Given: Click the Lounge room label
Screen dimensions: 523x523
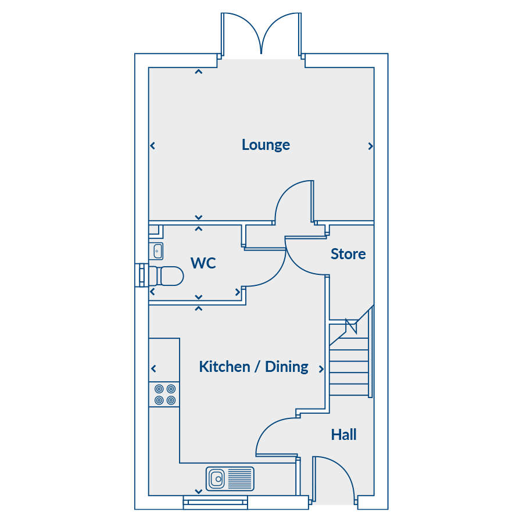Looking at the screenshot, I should [x=266, y=145].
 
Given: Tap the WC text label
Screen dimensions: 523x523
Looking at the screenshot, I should [x=203, y=263].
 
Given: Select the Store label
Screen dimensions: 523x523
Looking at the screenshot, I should [x=348, y=254].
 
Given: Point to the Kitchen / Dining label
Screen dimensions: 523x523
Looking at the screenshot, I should [x=253, y=367].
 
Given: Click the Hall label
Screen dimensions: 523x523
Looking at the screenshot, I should [x=343, y=435].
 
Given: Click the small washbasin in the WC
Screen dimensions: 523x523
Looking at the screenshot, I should [x=157, y=251].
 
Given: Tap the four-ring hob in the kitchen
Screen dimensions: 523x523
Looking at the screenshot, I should [x=164, y=395].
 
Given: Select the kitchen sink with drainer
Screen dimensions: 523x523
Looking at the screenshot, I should [x=230, y=479].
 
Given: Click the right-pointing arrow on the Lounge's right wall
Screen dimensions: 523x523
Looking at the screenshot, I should [x=370, y=146].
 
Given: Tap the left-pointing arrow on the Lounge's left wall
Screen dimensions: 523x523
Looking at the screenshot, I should [x=153, y=145].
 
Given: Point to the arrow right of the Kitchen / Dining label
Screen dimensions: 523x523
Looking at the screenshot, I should [x=321, y=368].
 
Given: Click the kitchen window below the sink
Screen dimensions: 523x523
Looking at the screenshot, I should [x=246, y=503].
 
